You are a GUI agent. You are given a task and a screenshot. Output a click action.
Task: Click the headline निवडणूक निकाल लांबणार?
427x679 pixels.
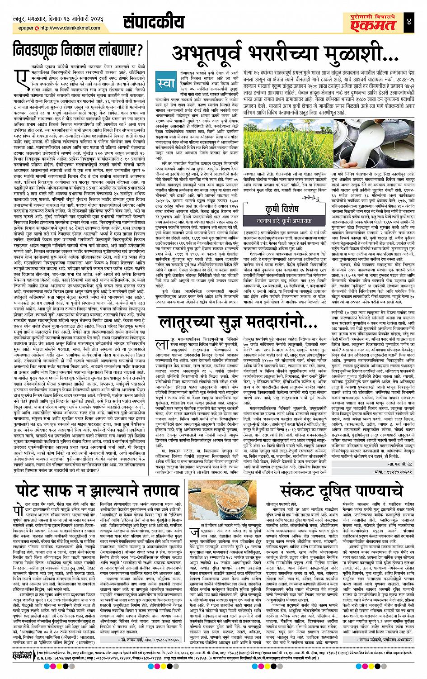(x=79, y=49)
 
